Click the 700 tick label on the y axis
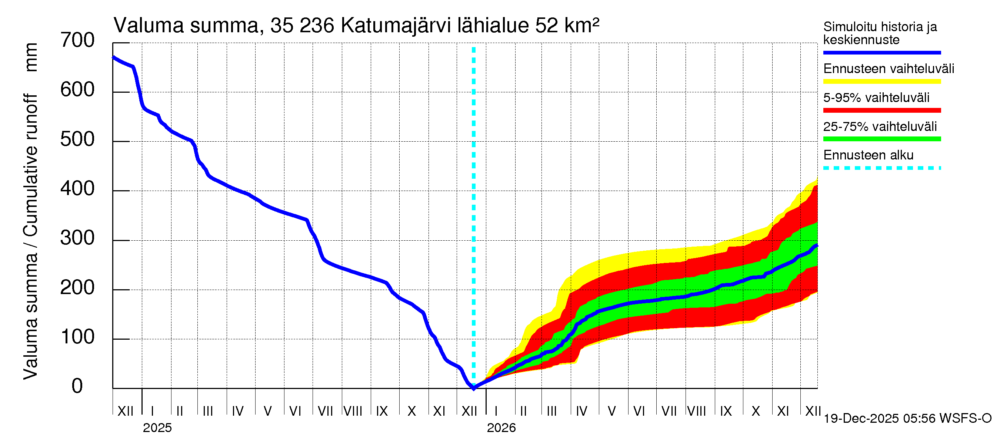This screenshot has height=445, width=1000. (x=77, y=40)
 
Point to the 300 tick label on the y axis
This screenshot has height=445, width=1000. (x=77, y=238)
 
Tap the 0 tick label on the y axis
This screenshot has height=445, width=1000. (x=77, y=386)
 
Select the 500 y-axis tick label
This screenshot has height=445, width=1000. (x=77, y=139)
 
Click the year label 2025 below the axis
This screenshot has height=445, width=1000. (x=157, y=428)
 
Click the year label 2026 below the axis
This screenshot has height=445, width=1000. (x=501, y=428)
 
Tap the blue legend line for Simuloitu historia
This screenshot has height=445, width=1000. (x=881, y=52)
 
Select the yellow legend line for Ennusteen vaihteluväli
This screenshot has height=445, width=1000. (x=881, y=82)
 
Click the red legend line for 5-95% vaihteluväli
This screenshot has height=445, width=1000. (x=881, y=111)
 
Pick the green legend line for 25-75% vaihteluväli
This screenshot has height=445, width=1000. (x=881, y=139)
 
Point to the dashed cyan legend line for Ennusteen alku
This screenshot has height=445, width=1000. (x=881, y=168)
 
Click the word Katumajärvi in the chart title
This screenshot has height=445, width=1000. (x=396, y=26)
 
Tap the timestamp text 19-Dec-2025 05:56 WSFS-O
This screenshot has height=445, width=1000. (x=907, y=419)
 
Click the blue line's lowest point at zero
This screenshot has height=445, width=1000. (x=474, y=388)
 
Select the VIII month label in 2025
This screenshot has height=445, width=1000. (x=353, y=411)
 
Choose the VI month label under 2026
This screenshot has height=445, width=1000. (x=639, y=411)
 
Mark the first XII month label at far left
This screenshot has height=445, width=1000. (x=126, y=411)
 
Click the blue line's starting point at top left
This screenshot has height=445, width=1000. (x=113, y=57)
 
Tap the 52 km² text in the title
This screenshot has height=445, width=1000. (x=567, y=26)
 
